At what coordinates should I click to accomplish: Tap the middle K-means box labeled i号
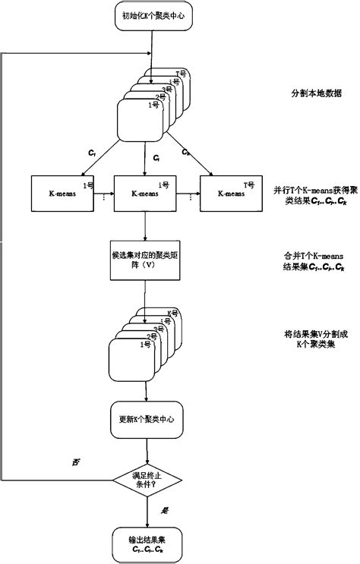(145, 194)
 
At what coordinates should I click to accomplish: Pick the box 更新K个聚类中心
(145, 419)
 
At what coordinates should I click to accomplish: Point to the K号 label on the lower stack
(174, 312)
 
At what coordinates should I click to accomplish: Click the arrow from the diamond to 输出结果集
(145, 512)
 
